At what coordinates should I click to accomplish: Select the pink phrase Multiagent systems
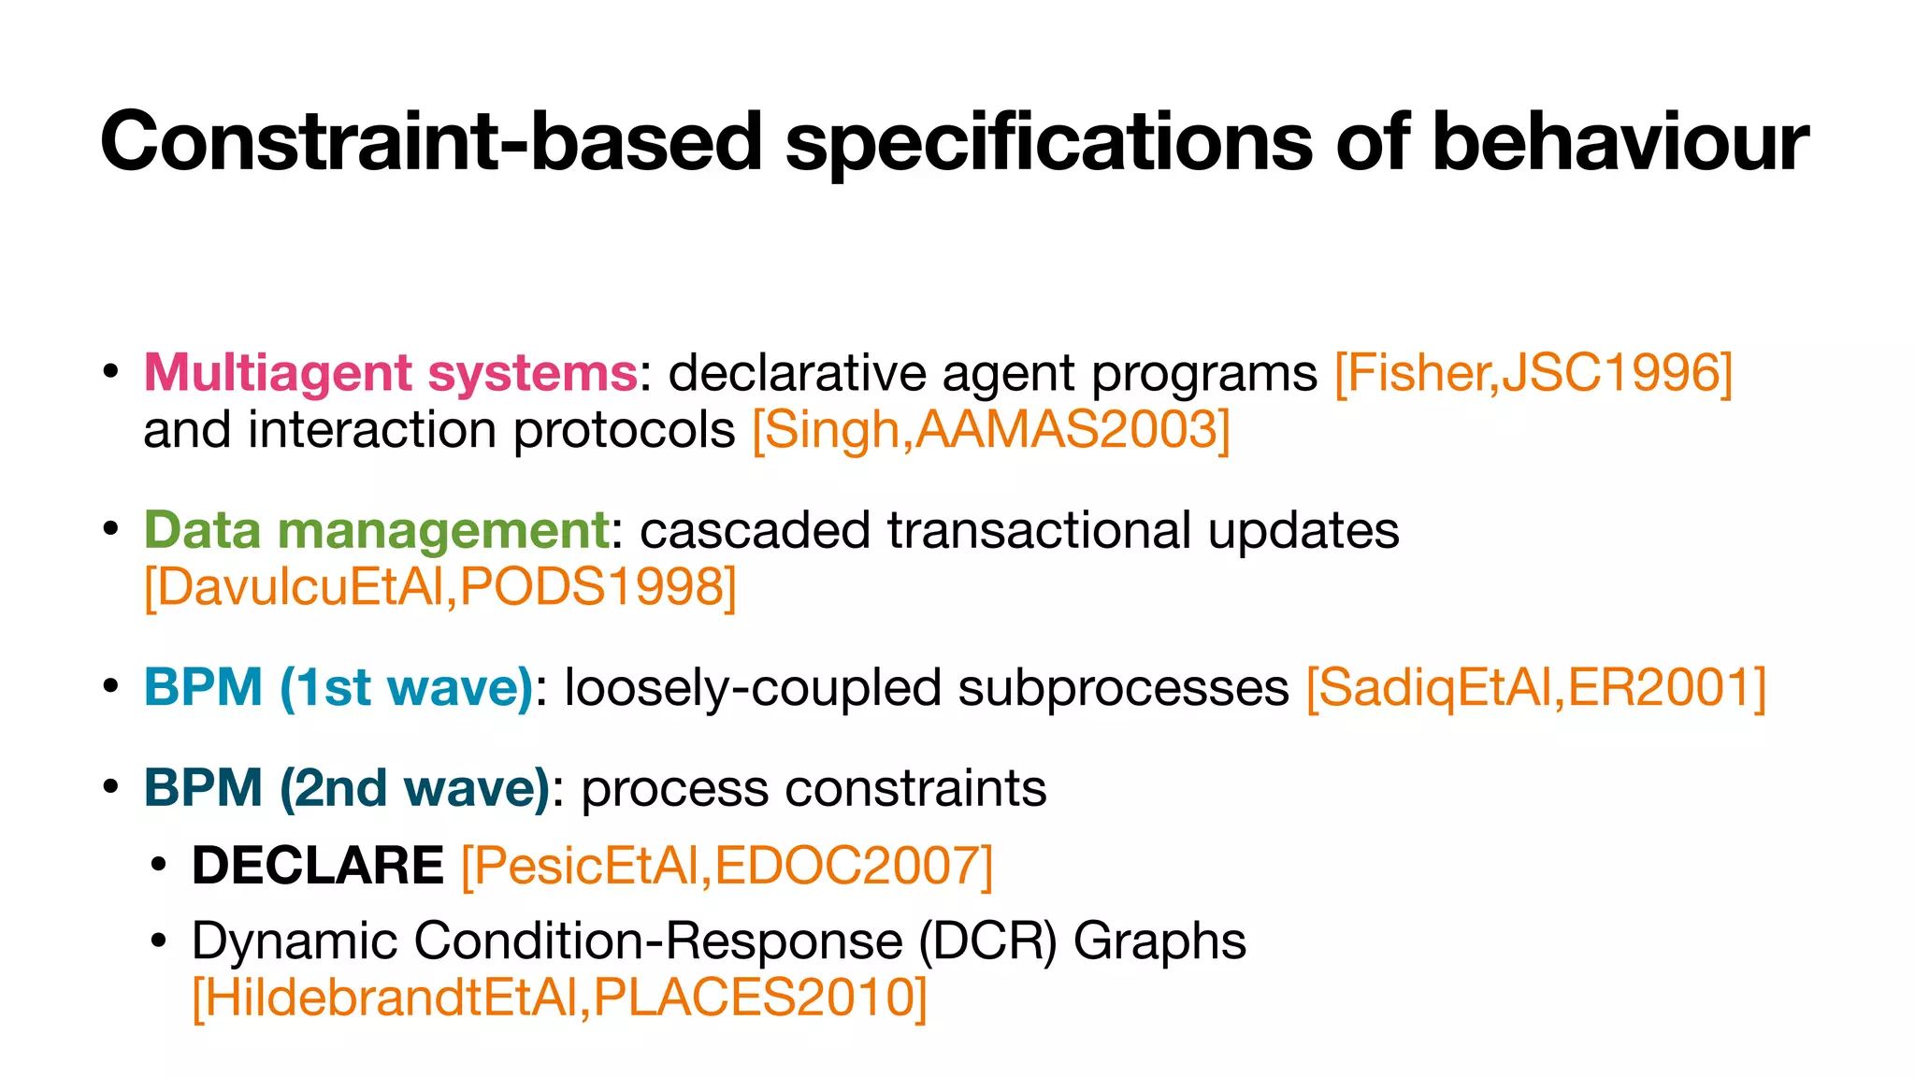390,373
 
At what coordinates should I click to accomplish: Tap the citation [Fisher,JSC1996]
1533,373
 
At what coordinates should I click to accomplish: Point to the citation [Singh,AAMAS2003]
991,431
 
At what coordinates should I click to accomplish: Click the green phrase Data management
376,530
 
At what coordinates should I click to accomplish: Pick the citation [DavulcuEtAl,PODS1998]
440,588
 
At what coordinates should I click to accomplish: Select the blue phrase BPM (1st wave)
338,688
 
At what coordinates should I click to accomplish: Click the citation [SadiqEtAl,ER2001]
1535,688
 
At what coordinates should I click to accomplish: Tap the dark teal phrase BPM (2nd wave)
346,788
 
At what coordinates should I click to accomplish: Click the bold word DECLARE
318,866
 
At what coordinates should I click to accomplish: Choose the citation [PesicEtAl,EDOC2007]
727,866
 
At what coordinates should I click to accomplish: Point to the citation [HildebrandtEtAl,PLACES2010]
559,998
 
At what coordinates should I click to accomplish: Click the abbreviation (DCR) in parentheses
987,941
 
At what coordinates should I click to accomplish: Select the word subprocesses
1123,688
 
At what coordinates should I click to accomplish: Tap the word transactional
1039,530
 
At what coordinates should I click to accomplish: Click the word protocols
625,431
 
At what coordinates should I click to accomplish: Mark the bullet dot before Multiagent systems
110,373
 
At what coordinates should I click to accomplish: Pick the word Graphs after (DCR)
1159,941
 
